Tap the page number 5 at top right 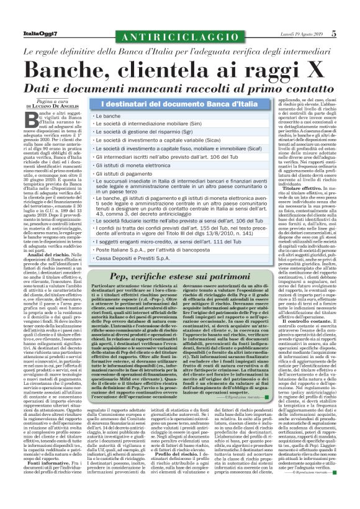351,34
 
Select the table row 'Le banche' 108,116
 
